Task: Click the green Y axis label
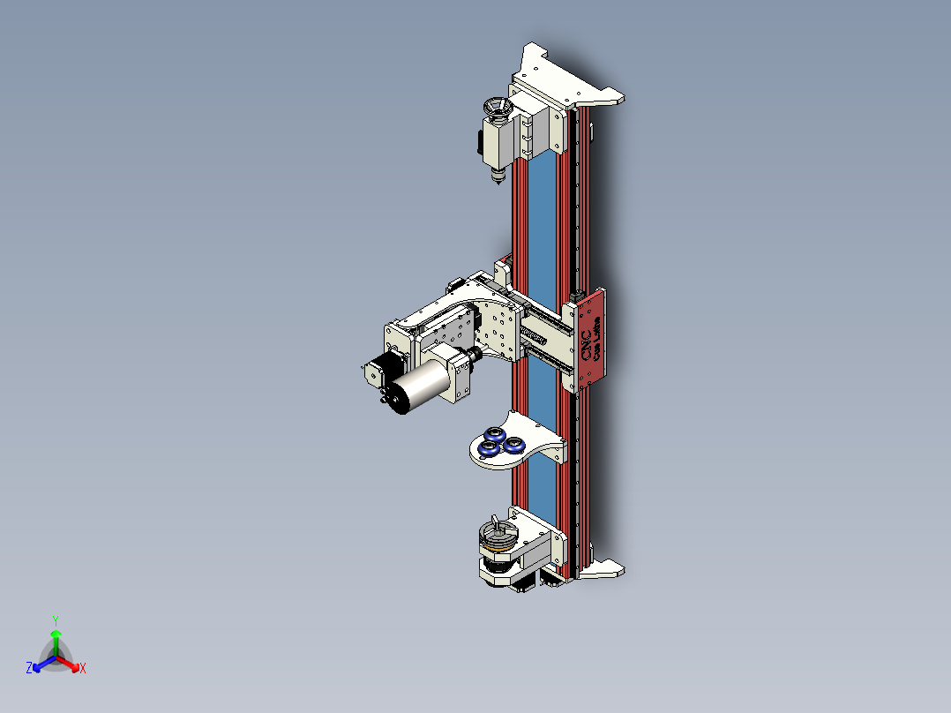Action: click(x=56, y=619)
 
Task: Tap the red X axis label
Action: click(x=82, y=669)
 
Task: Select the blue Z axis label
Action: click(x=29, y=669)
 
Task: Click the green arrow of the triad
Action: click(x=56, y=639)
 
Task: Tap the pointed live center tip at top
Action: click(x=497, y=179)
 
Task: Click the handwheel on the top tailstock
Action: click(x=498, y=109)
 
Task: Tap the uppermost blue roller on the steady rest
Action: click(x=495, y=434)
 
